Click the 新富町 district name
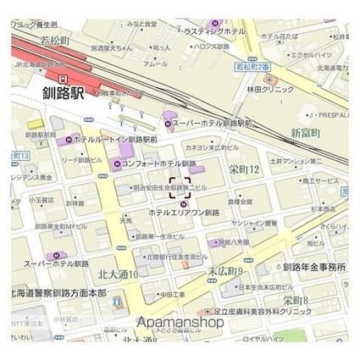tap(306, 133)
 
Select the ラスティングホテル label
tap(213, 31)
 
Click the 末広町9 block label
tap(225, 271)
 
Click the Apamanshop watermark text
tap(180, 323)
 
